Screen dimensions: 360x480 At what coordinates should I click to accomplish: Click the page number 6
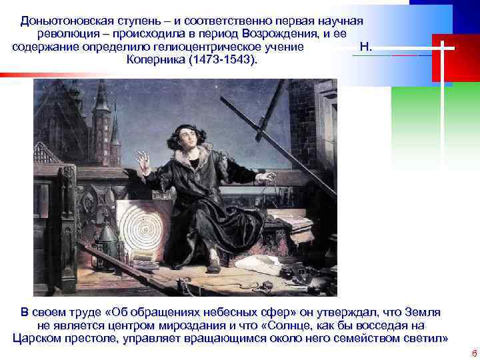[x=473, y=353]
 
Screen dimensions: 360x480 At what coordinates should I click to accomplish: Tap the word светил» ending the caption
[x=425, y=338]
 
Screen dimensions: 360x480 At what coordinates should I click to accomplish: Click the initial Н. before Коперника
[x=365, y=47]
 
